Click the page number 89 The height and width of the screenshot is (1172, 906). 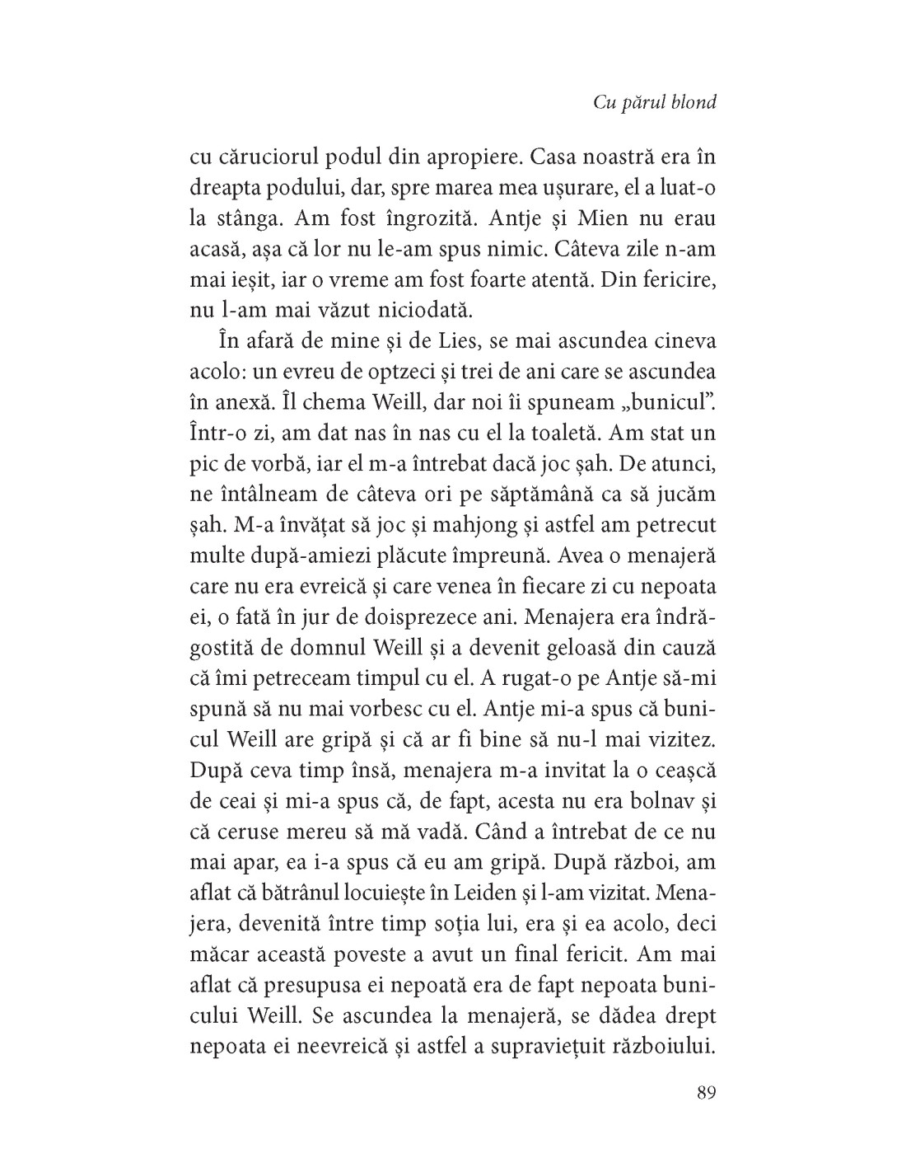point(706,1093)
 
